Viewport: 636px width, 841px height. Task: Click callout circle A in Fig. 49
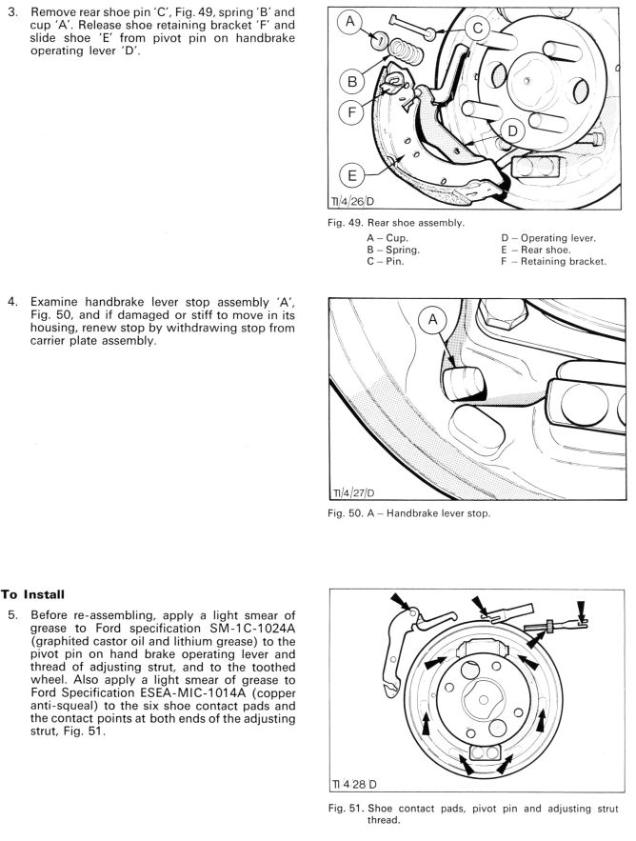coord(349,23)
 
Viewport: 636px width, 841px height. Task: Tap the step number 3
coord(13,11)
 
